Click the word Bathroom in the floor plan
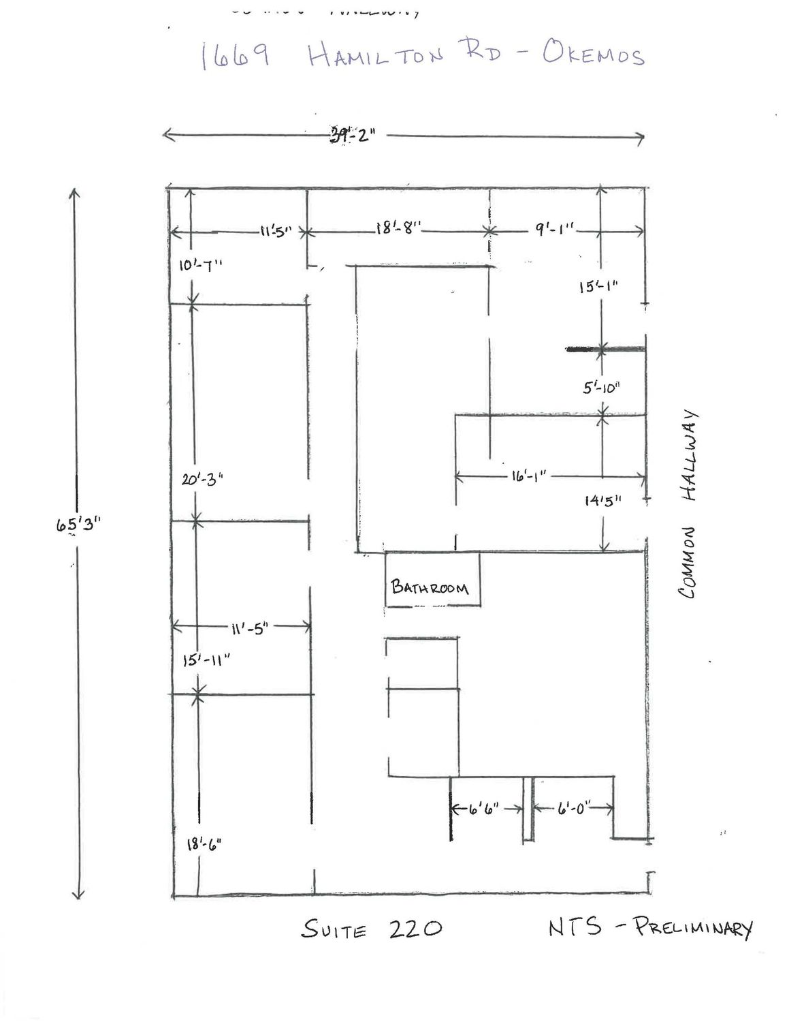pos(430,587)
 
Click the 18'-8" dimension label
pos(398,229)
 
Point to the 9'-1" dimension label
pos(555,230)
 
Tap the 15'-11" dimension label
pos(207,660)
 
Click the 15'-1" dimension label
pos(598,287)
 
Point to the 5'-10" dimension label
pos(600,388)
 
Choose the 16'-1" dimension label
pos(526,476)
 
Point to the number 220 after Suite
pos(415,928)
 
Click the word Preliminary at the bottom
pos(693,927)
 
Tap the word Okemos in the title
pos(593,55)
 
